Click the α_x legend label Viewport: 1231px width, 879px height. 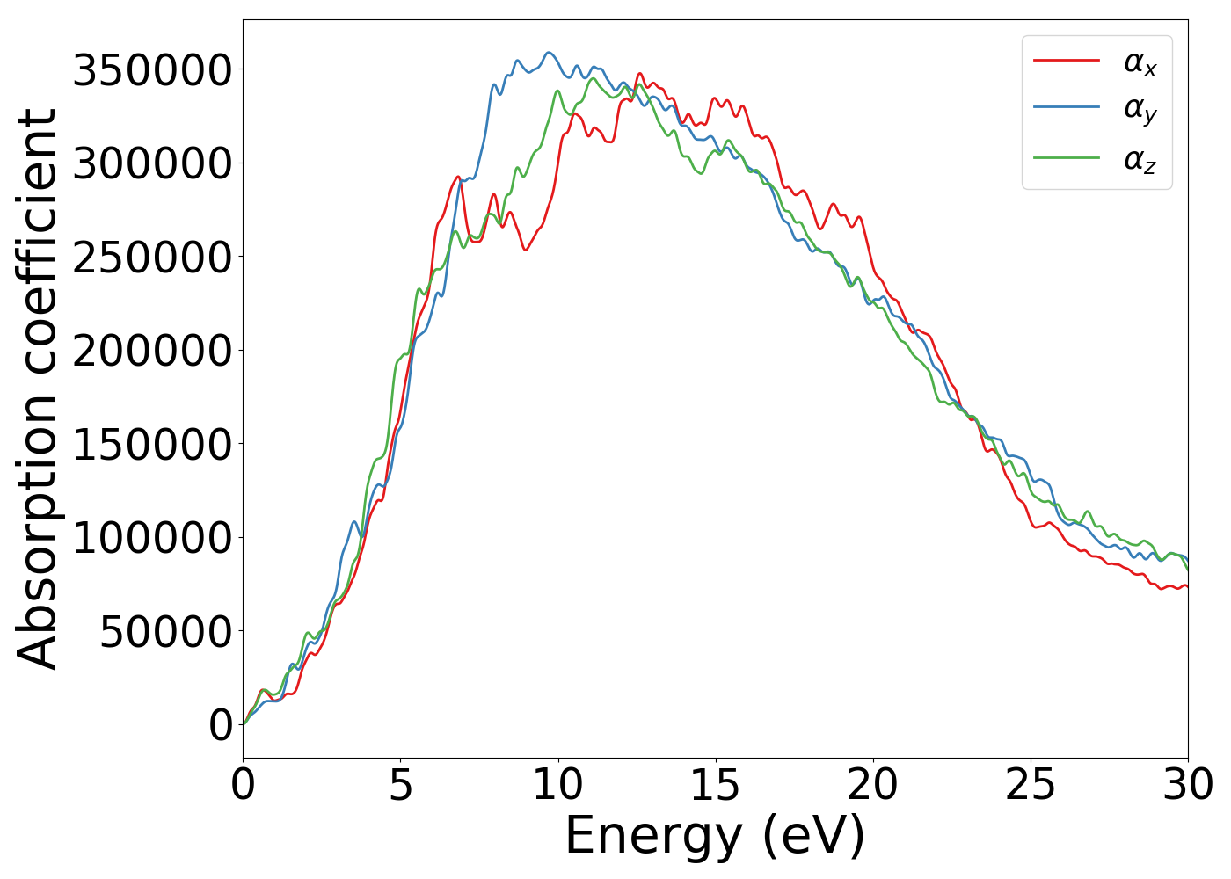coord(1140,62)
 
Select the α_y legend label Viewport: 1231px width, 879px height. coord(1140,110)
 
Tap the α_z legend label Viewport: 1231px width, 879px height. coord(1140,160)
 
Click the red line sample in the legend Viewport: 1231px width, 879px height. coord(1067,60)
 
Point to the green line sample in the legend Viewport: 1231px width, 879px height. coord(1067,157)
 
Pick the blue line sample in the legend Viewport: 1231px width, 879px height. coord(1067,107)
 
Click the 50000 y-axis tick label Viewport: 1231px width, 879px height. coord(166,631)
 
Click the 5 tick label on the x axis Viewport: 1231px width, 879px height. coord(400,785)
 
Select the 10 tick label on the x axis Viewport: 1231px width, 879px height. coord(557,785)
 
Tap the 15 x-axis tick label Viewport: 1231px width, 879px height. coord(715,785)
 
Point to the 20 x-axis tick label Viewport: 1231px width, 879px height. coord(872,785)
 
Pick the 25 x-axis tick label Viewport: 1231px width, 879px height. coord(1030,785)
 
